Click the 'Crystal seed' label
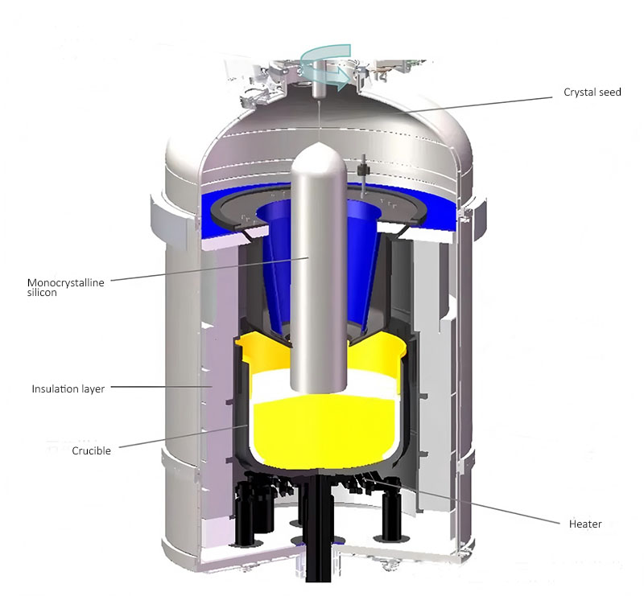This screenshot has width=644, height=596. [592, 92]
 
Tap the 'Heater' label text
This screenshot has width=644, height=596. [585, 524]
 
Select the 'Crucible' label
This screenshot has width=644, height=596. [91, 450]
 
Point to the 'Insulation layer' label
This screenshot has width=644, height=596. [68, 388]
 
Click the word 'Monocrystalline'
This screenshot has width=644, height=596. [66, 282]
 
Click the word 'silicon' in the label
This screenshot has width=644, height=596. [42, 293]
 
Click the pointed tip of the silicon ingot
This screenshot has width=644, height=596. [318, 143]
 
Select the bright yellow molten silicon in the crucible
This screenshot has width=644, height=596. [324, 431]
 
